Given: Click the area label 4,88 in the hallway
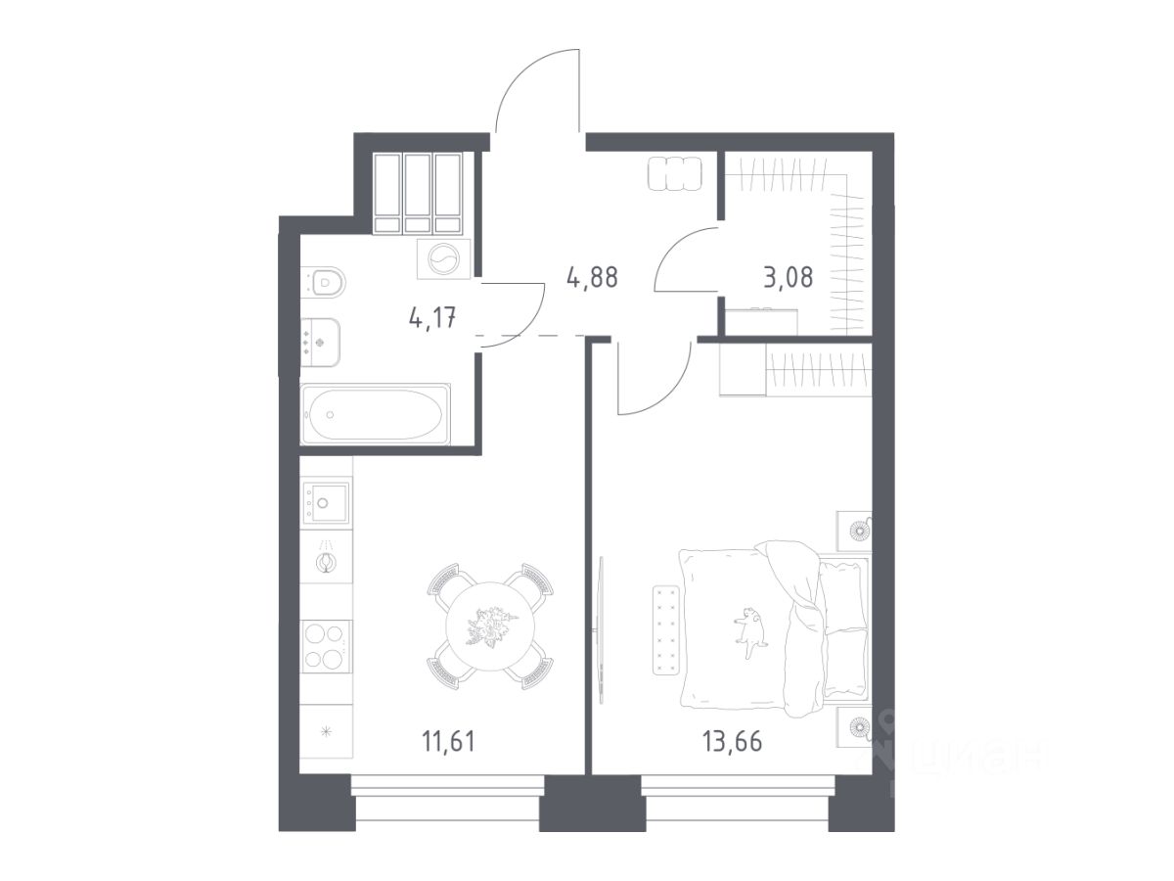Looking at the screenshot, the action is click(592, 278).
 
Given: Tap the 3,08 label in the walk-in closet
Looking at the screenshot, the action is click(788, 278).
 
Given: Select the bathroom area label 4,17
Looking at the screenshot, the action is click(432, 318).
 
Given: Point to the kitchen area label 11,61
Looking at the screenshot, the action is click(448, 741).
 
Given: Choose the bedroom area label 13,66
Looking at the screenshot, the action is click(732, 741).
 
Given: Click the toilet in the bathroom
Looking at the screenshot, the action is click(324, 281).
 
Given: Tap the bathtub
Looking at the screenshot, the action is click(376, 413).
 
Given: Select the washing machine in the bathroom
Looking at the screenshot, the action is click(444, 258).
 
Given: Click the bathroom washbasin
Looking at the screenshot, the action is click(320, 343).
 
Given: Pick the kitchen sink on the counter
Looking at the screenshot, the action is click(326, 503).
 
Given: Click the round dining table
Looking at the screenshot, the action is click(490, 626).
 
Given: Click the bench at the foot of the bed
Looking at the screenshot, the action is click(666, 629).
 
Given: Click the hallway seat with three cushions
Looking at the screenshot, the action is click(674, 173).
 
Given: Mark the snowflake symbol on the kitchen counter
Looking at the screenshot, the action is click(325, 731).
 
